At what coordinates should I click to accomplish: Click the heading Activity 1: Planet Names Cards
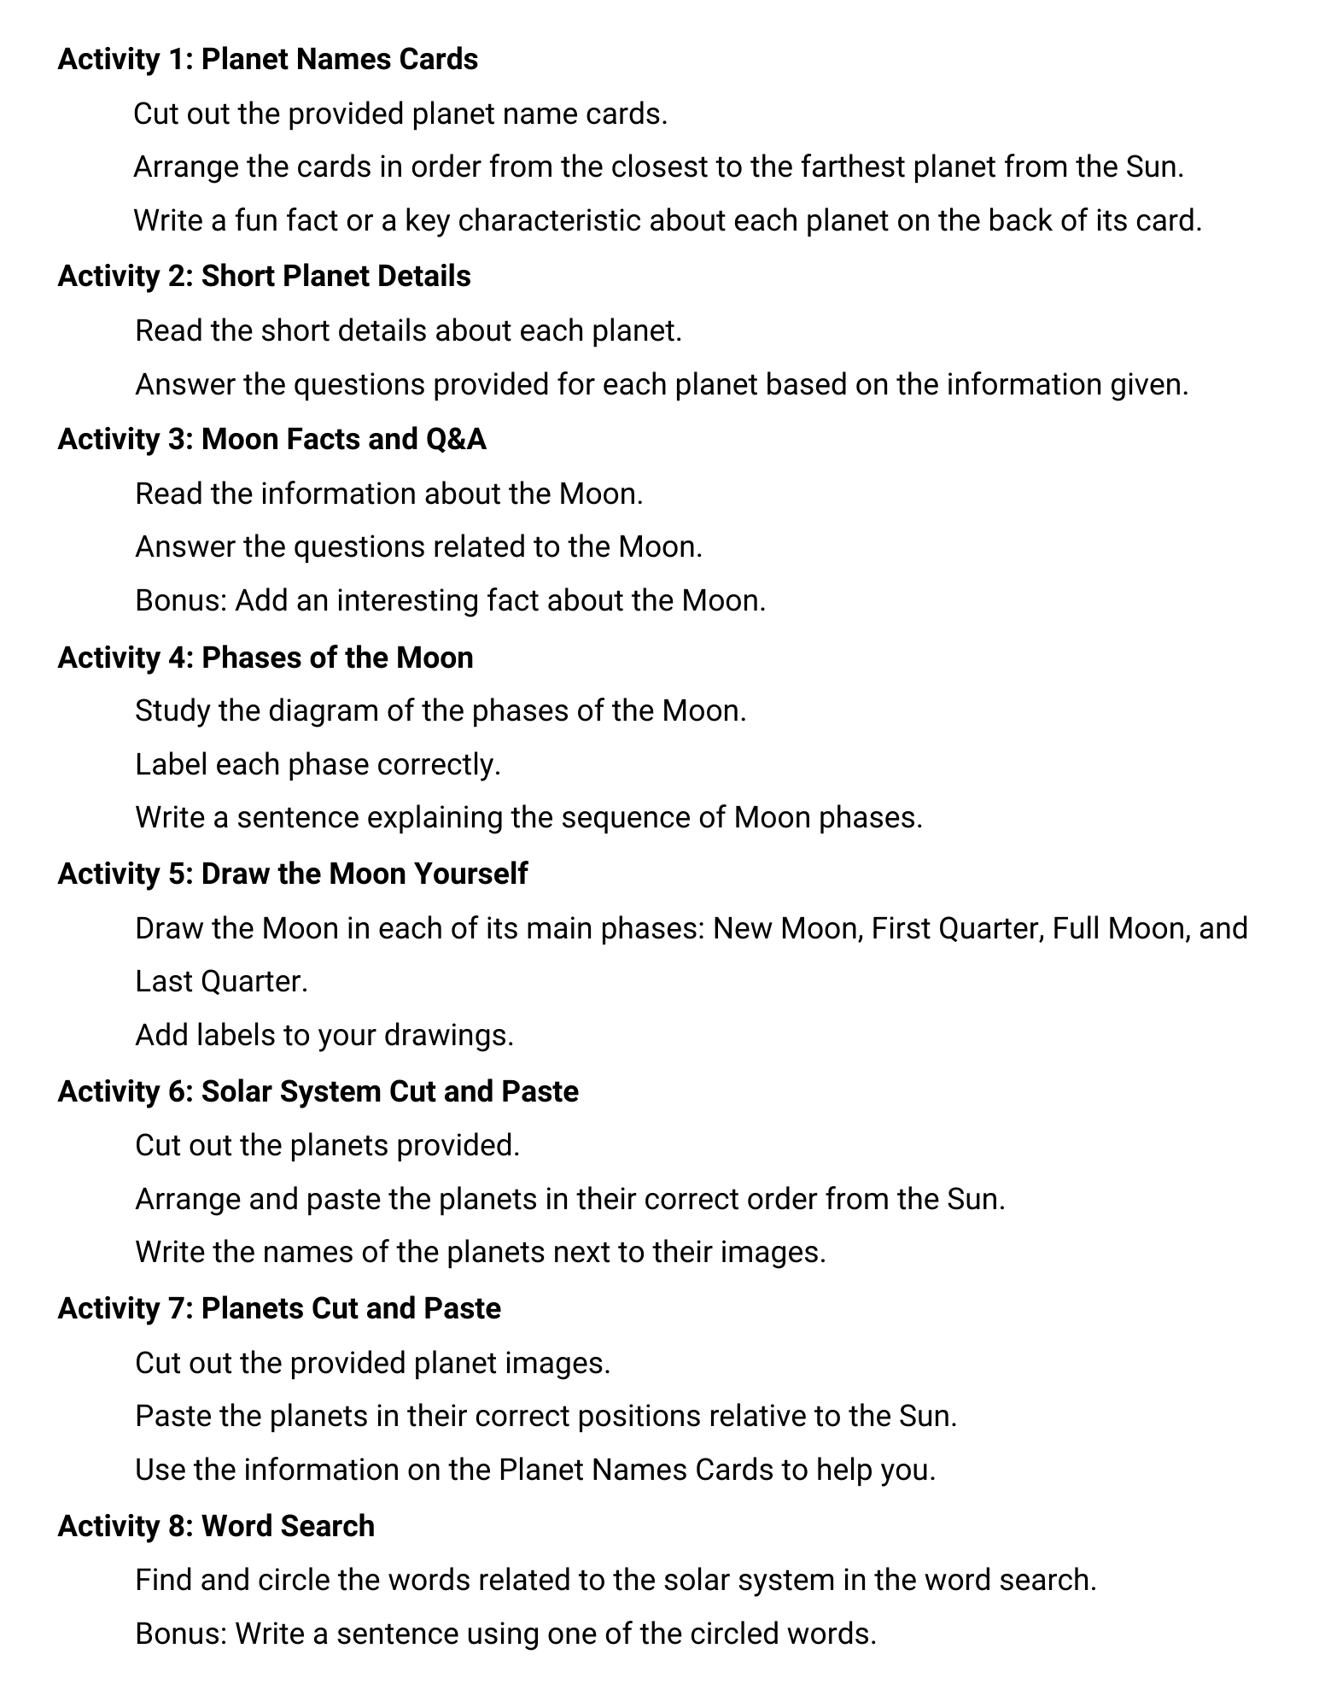coord(267,60)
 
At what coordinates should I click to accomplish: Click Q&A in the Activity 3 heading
coord(455,439)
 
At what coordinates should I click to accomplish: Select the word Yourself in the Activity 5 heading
coord(470,874)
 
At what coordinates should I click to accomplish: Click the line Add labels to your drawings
coord(324,1036)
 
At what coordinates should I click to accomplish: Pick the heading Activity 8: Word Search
coord(216,1526)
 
